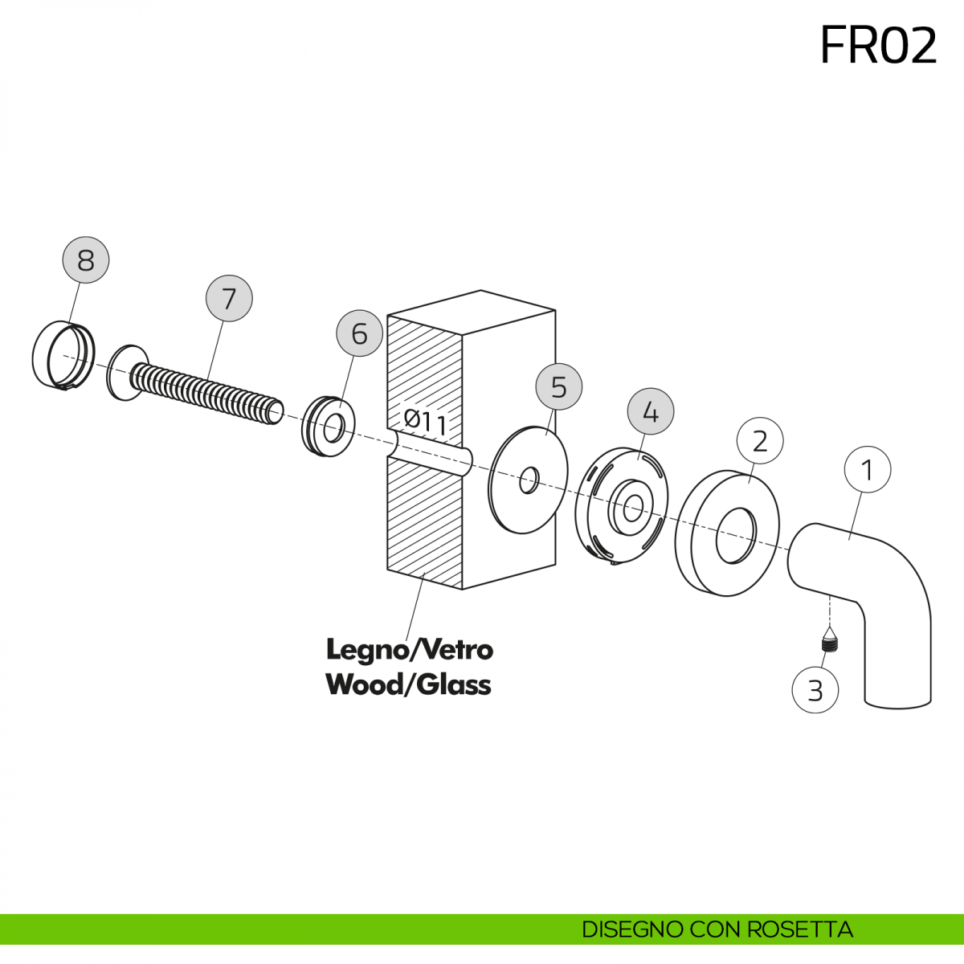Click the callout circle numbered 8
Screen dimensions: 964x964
(x=86, y=259)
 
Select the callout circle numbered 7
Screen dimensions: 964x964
(x=229, y=299)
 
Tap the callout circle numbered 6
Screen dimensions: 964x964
(x=359, y=333)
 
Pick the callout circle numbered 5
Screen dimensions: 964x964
(x=559, y=387)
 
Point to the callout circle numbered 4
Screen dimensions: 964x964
(x=651, y=412)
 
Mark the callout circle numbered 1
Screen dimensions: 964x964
(x=868, y=469)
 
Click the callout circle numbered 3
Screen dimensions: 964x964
(x=815, y=690)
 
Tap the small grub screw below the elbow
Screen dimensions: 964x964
(x=829, y=643)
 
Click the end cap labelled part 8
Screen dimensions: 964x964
(x=63, y=355)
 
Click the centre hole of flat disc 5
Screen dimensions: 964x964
(x=529, y=480)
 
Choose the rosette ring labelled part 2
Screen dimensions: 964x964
(x=727, y=533)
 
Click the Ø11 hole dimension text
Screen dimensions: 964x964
(x=426, y=422)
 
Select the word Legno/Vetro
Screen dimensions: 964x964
(x=410, y=649)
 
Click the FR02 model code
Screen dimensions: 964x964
(x=878, y=46)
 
